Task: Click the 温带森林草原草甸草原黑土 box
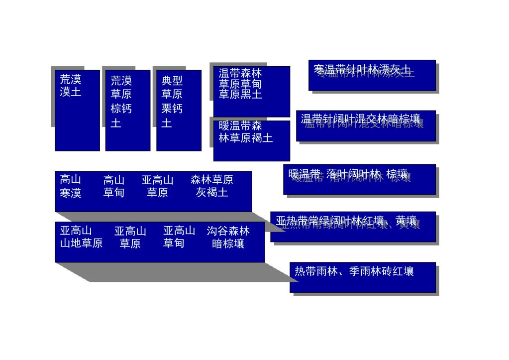click(x=251, y=91)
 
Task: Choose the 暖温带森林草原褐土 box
click(x=251, y=140)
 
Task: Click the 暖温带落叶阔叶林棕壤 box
click(x=359, y=179)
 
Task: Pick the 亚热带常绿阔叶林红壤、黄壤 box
click(x=353, y=227)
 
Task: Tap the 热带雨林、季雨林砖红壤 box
click(x=362, y=277)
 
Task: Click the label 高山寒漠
click(x=71, y=186)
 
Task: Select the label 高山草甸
click(x=114, y=186)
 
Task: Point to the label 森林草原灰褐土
click(x=212, y=186)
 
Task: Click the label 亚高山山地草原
click(x=81, y=237)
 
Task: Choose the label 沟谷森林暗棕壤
click(x=228, y=237)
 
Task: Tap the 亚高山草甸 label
click(x=179, y=237)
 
